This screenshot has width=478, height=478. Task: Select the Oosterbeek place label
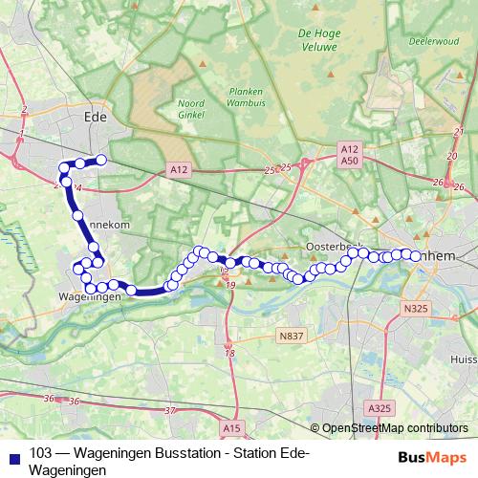(331, 246)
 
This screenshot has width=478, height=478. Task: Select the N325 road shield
(415, 308)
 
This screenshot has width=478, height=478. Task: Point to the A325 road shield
(380, 408)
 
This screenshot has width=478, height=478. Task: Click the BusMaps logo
(432, 455)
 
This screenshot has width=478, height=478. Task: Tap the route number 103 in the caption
(41, 454)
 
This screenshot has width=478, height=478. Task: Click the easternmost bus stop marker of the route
(416, 254)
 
